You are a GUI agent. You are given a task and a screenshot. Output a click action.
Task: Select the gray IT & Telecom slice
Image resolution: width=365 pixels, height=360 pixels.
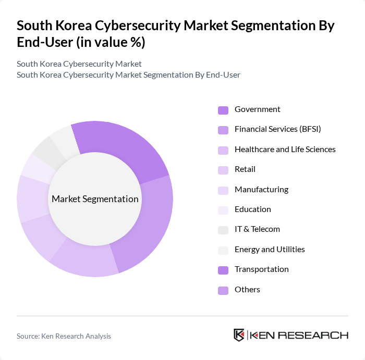[46, 150]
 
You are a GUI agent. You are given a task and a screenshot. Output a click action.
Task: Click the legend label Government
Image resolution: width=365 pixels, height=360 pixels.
[257, 109]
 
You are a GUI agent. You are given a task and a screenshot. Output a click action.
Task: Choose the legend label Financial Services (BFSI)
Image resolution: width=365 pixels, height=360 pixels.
[277, 129]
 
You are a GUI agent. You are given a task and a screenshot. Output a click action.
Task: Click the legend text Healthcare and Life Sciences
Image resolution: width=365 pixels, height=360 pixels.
[285, 150]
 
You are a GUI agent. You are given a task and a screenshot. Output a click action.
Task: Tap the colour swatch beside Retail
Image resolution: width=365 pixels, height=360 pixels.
[223, 170]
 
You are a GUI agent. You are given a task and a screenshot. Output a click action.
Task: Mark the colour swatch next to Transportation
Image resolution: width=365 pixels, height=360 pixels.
[223, 270]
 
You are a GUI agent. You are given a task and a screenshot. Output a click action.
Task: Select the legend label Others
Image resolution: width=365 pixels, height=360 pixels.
[247, 290]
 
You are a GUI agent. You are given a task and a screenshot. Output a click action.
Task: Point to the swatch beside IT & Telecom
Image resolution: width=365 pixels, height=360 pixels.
[223, 230]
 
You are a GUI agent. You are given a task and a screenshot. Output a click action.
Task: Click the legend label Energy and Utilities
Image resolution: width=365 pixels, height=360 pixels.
[270, 250]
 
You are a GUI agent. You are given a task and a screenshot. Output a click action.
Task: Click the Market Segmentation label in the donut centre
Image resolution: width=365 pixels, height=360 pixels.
[95, 199]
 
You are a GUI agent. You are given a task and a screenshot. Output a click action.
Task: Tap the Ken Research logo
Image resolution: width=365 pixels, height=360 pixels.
[290, 335]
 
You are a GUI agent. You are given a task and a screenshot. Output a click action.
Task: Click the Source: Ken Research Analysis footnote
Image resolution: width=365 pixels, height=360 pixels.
[64, 336]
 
